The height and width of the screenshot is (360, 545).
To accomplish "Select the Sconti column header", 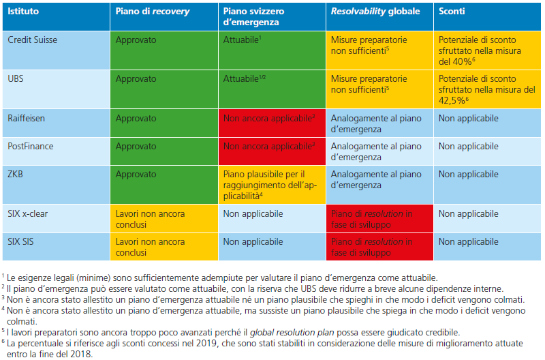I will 453,12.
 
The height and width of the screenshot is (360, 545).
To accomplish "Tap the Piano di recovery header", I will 153,12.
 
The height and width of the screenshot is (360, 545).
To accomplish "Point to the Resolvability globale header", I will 375,12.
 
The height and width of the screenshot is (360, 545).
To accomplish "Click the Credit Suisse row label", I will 32,40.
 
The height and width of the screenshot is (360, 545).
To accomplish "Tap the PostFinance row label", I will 30,147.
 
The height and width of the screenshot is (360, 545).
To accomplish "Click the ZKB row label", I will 15,175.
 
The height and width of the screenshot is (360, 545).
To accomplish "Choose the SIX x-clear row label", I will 28,213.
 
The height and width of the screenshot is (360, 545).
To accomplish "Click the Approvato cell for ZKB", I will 136,175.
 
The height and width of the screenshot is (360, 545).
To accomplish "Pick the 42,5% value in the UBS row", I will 453,100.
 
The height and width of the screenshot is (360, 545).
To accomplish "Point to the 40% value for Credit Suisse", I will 461,61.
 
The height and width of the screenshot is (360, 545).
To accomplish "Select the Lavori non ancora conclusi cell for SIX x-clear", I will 150,219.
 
